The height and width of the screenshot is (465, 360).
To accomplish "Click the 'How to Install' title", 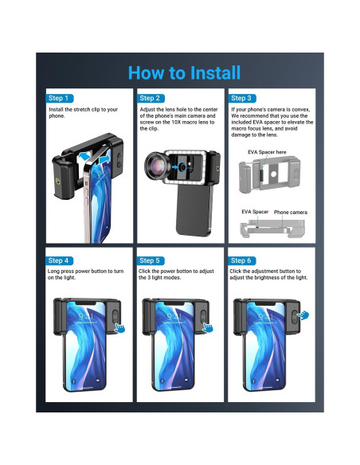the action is point(184,73).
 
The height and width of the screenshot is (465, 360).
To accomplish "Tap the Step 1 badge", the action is point(59,98).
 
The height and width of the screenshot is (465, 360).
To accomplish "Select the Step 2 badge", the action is point(151,98).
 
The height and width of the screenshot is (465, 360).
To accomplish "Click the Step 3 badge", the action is point(242,98).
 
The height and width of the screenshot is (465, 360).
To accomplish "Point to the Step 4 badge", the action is point(59,260).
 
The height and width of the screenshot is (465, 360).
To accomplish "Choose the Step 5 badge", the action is point(151,260).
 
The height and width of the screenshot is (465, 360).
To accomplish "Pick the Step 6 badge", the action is point(241,260).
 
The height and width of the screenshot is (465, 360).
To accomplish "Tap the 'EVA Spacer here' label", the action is point(267,152).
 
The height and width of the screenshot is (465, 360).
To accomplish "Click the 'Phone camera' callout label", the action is point(291,213).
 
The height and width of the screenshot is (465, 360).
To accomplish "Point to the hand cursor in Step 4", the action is point(119,328).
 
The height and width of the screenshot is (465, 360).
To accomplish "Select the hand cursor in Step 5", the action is point(208,327).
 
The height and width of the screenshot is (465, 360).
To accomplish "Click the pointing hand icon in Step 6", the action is point(303,315).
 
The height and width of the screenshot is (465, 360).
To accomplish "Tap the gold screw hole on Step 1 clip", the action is point(58,181).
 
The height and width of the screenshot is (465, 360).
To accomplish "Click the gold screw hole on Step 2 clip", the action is point(218,169).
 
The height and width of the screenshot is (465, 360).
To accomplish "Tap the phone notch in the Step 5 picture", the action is point(174,303).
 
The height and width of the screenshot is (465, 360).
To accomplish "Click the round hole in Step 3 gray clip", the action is point(274,174).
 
